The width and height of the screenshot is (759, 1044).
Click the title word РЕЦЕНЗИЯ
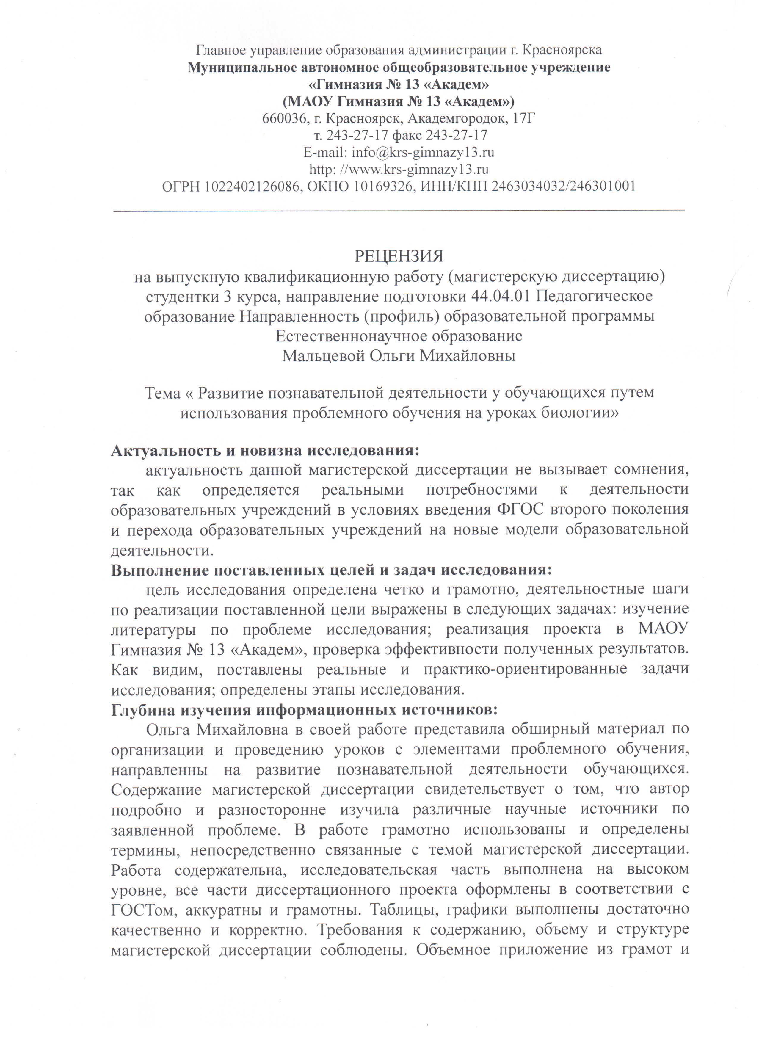tap(399, 256)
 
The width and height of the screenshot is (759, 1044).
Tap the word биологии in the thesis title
tap(577, 413)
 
